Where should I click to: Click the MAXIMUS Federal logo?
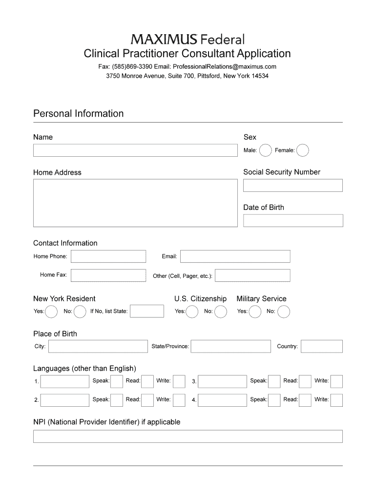(188, 39)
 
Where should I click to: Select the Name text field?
(135, 150)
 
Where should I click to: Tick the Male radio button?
(265, 150)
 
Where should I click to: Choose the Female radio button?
(303, 150)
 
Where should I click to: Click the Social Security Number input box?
(293, 186)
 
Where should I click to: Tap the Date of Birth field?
(293, 221)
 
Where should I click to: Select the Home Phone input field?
(108, 256)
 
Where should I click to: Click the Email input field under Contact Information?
(235, 256)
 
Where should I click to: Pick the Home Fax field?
(108, 275)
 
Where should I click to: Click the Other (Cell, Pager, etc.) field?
(252, 275)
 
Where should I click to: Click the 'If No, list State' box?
(147, 311)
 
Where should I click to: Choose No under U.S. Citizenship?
(221, 312)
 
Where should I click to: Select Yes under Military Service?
(255, 312)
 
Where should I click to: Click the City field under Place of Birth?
(98, 346)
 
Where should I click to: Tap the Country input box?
(322, 346)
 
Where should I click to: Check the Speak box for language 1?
(117, 381)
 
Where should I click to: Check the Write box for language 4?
(337, 400)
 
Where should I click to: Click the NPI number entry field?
(188, 436)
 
